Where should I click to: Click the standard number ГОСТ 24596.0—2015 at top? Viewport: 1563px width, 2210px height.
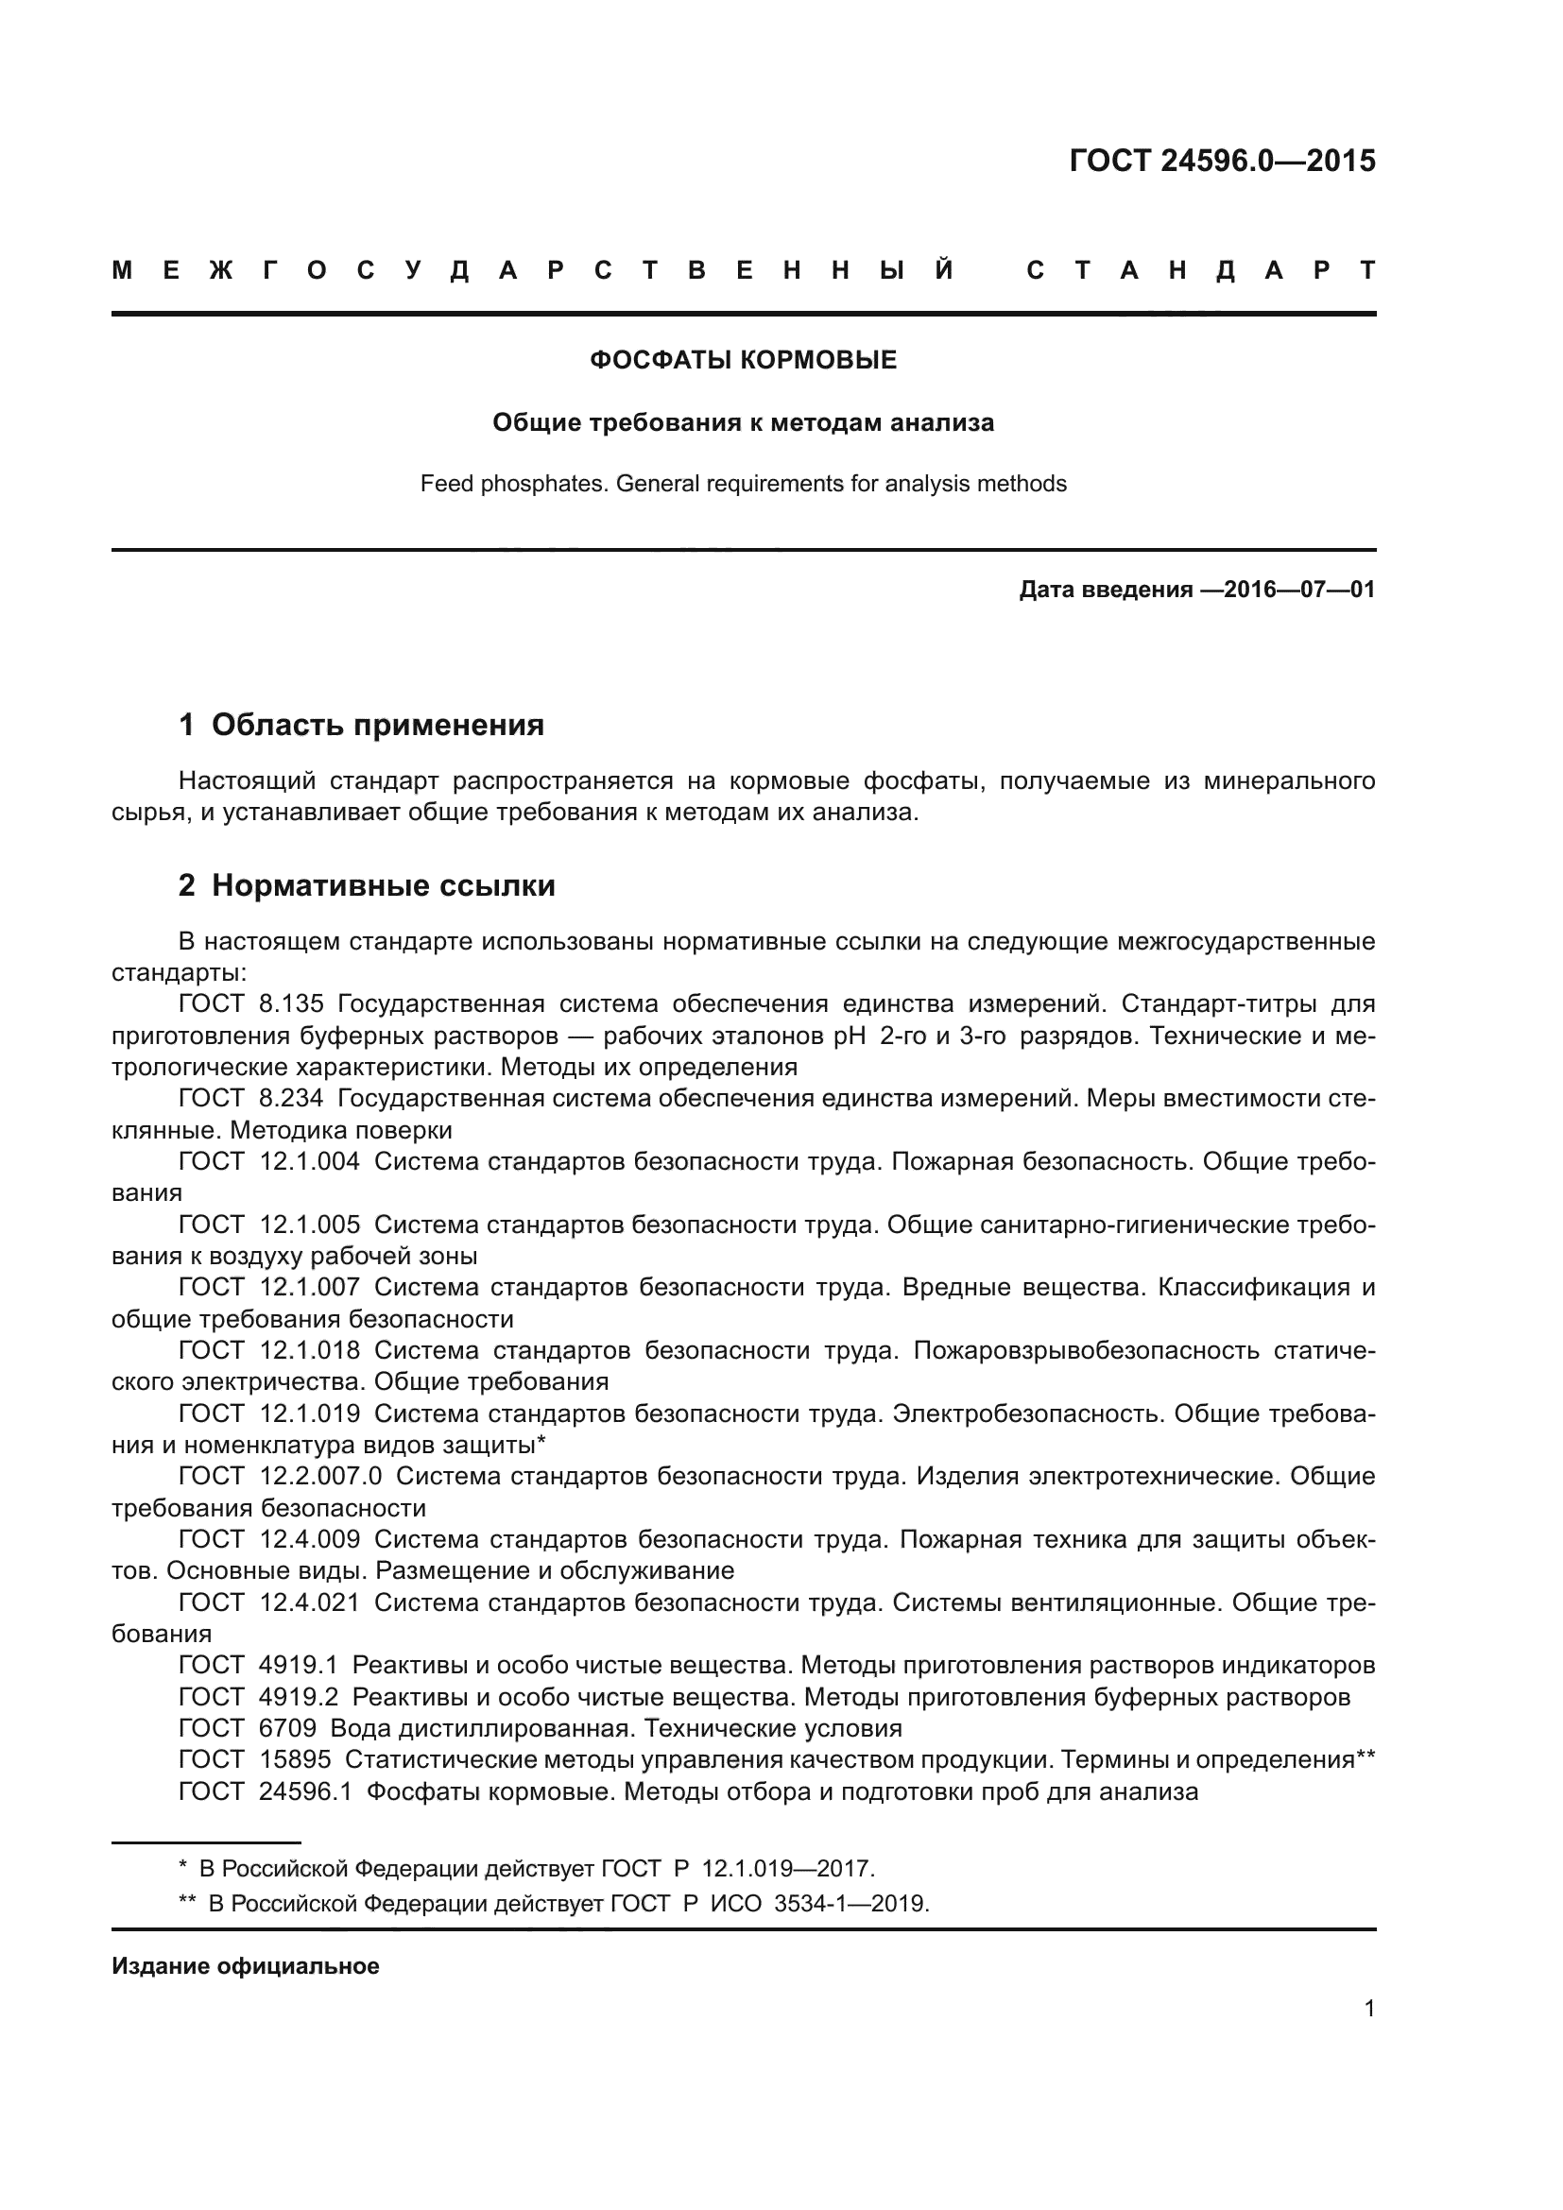tap(1221, 161)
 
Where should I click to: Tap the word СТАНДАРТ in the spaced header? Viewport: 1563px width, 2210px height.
tap(1201, 270)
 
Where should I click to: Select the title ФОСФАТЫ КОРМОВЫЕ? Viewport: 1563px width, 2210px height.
tap(742, 360)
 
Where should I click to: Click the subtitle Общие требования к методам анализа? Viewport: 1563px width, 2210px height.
tap(742, 422)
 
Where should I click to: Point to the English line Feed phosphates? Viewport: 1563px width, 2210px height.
tap(742, 483)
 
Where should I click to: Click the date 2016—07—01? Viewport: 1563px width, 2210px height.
tap(1299, 589)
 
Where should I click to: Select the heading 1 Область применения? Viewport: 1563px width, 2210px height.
tap(361, 725)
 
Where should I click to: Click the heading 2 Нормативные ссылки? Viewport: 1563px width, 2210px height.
tap(367, 885)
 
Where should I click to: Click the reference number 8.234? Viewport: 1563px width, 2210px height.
tap(291, 1098)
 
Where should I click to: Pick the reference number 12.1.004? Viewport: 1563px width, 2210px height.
tap(309, 1162)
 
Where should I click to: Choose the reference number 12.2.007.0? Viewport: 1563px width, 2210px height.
tap(320, 1476)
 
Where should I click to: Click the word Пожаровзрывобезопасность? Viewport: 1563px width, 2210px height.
tap(1086, 1350)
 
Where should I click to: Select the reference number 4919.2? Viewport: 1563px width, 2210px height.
tap(299, 1697)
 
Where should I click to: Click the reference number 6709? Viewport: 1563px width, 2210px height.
tap(287, 1729)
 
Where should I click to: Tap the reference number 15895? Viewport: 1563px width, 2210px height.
tap(295, 1759)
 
